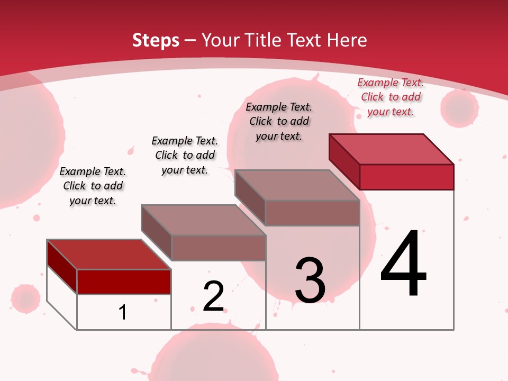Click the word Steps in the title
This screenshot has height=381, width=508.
156,40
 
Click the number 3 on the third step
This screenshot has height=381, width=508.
310,280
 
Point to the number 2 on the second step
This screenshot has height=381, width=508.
214,296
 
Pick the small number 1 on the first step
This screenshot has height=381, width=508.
123,312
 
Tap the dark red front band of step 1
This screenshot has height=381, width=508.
124,282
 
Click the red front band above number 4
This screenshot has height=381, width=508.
406,177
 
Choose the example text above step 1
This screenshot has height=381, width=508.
93,186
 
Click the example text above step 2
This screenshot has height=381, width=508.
185,155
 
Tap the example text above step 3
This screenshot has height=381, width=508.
279,121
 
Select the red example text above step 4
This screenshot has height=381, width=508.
391,97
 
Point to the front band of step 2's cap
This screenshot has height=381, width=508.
218,248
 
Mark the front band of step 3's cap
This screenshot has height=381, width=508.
312,213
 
